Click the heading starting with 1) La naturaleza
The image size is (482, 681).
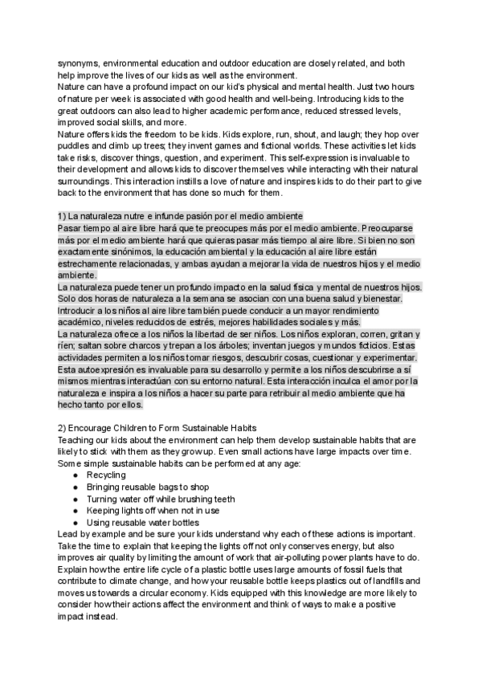pos(180,216)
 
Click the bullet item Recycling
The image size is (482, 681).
pos(106,475)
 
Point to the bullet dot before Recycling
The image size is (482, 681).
pos(75,475)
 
